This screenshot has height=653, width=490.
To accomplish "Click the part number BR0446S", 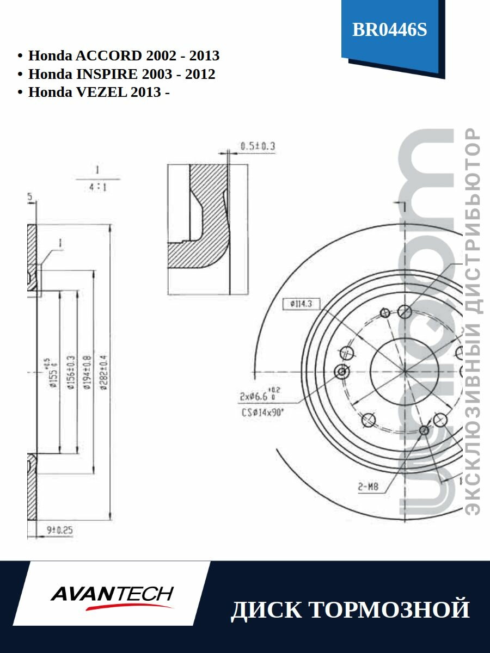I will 390,30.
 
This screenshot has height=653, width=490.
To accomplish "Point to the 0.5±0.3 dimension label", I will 258,146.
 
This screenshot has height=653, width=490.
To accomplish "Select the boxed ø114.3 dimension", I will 301,305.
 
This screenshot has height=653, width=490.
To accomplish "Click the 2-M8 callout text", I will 368,487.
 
